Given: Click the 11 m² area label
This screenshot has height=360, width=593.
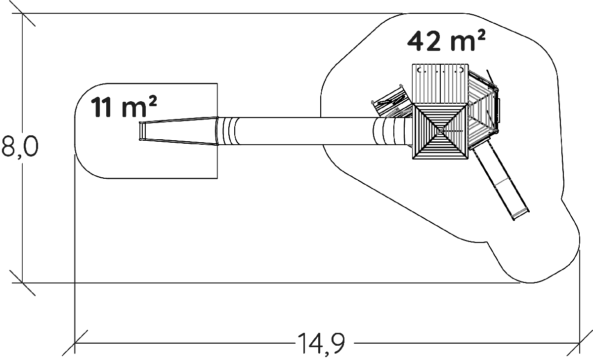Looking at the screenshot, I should [124, 108].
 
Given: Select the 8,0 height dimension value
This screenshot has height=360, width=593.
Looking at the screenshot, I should [20, 147].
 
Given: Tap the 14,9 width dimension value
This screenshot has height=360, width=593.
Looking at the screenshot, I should [321, 342].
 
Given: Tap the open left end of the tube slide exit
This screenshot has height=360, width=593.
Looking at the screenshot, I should [141, 131].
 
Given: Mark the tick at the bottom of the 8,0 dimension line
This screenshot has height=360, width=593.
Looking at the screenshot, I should [22, 283].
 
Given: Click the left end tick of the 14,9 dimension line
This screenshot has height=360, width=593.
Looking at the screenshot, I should [75, 342].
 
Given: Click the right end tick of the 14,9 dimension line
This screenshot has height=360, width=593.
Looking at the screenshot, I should [579, 342].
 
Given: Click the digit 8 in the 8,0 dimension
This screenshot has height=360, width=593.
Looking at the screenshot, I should [9, 147].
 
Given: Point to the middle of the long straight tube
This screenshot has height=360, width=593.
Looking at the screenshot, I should [304, 131].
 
